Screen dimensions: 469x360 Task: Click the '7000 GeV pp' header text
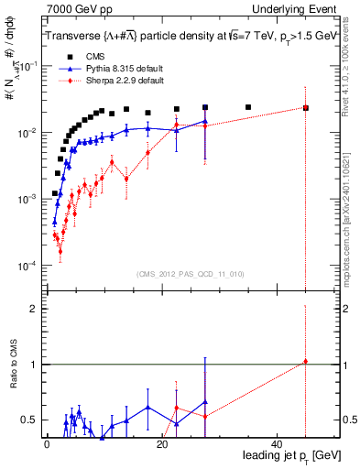(76, 9)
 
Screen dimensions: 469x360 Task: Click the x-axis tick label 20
(162, 444)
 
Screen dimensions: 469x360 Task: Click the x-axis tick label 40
(278, 444)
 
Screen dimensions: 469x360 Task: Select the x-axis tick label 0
(47, 444)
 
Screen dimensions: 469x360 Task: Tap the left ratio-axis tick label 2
(32, 309)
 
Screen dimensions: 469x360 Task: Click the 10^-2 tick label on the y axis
(26, 134)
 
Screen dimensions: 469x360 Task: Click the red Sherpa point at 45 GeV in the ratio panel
(306, 362)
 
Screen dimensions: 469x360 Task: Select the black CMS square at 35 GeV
(248, 107)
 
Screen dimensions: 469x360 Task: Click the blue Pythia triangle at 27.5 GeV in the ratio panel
(205, 401)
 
